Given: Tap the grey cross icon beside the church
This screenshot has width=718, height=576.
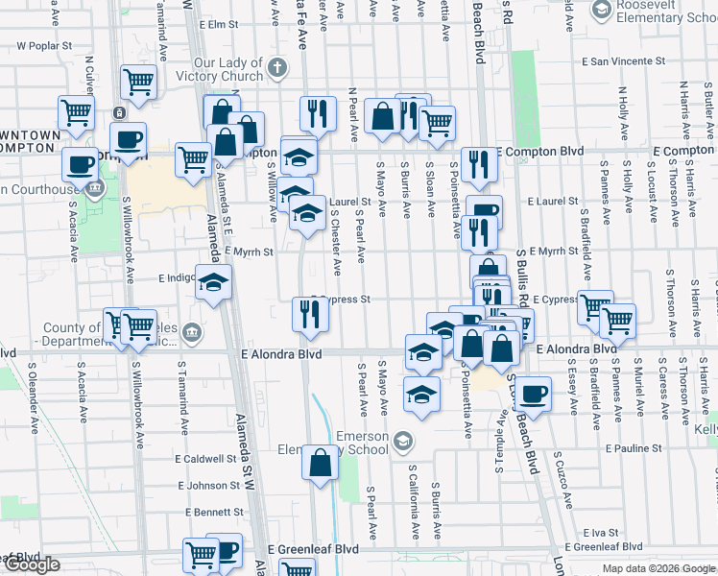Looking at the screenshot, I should [x=277, y=67].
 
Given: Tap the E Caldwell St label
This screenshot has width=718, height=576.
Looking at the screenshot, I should [x=207, y=459].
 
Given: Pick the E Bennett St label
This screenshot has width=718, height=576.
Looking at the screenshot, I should [x=208, y=513].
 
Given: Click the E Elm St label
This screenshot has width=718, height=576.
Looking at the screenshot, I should [x=217, y=23].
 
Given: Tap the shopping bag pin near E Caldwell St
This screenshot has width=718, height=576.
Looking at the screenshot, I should [x=320, y=464].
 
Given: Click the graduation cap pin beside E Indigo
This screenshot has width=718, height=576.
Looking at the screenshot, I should [x=214, y=281].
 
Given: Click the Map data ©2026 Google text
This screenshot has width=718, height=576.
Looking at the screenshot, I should [x=658, y=568].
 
